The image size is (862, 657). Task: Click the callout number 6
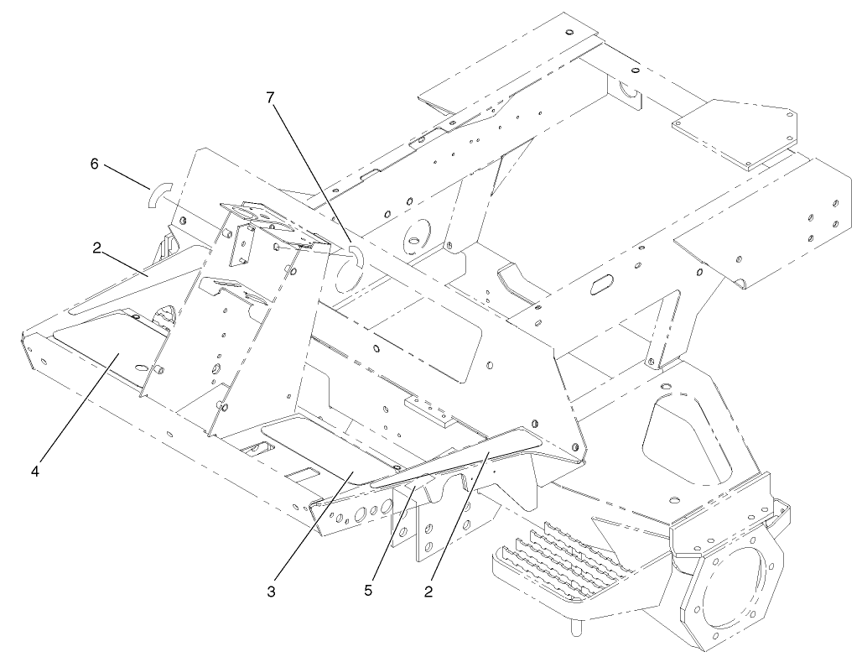95,164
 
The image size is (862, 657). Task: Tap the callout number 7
270,97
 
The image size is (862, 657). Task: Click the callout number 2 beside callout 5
428,592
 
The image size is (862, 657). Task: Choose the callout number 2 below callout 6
96,249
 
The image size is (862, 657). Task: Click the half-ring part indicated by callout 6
158,196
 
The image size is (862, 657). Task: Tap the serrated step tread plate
562,557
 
